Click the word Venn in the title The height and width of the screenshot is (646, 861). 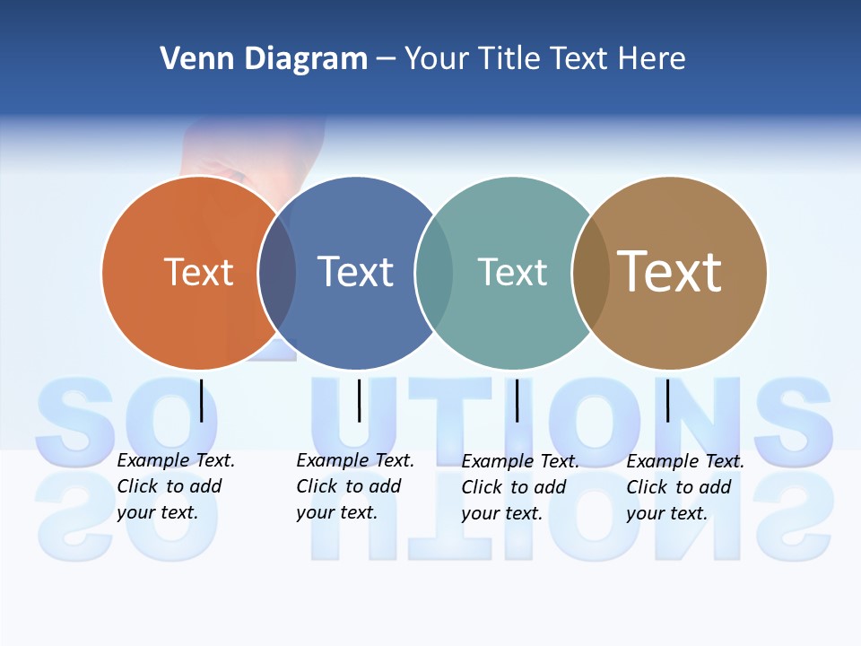pos(192,59)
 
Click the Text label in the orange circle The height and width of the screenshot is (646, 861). pos(198,272)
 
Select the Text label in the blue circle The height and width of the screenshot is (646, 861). pos(355,272)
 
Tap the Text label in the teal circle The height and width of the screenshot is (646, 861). pos(512,272)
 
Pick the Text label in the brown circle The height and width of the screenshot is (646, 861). pos(670,271)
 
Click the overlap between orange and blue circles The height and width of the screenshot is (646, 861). pos(277,273)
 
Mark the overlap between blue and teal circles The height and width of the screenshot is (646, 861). pos(434,273)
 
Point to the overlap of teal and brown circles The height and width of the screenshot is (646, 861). pos(591,273)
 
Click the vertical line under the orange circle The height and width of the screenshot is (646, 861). pos(202,400)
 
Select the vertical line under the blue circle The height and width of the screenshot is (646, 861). pos(359,400)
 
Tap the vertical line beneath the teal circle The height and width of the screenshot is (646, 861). pos(517,400)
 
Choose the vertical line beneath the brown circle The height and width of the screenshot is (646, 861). pos(667,400)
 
